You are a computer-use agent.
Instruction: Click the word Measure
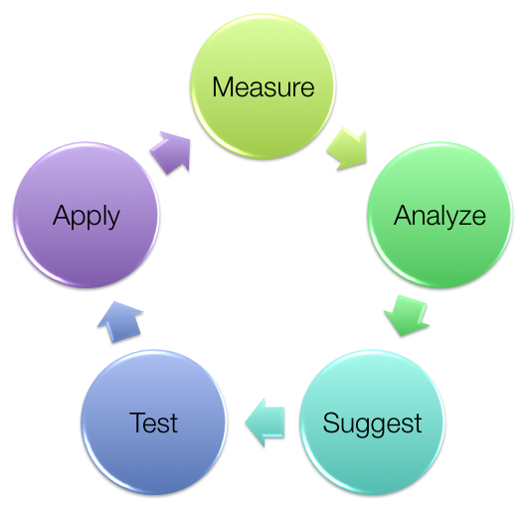(264, 87)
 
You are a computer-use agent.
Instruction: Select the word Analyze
(440, 217)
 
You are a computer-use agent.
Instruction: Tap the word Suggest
(372, 423)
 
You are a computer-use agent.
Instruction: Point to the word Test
(153, 423)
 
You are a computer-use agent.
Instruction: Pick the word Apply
(87, 217)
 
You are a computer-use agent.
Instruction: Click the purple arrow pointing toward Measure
(171, 152)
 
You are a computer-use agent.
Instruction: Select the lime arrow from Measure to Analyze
(347, 148)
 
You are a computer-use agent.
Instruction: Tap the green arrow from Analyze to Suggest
(407, 315)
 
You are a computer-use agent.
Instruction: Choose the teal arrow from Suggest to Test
(264, 423)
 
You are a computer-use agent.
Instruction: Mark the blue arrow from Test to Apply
(120, 322)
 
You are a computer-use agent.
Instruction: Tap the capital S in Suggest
(331, 423)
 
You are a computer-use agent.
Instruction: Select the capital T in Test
(137, 423)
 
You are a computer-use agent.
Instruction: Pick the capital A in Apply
(63, 215)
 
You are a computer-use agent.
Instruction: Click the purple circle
(87, 215)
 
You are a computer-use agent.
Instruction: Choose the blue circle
(153, 423)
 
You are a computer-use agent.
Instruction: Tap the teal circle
(372, 423)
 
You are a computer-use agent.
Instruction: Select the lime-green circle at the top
(263, 86)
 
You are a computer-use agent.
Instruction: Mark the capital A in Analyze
(404, 215)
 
